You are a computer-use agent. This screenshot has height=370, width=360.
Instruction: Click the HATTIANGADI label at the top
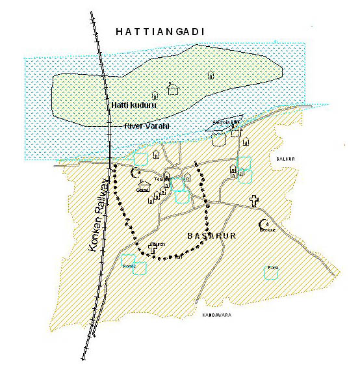point(159,31)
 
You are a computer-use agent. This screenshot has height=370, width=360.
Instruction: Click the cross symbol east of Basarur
point(254,200)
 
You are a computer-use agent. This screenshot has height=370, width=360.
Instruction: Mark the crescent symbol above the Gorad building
point(136,173)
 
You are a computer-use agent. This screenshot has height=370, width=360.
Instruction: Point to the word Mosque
point(267,230)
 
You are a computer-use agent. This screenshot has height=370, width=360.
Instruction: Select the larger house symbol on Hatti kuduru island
point(172,87)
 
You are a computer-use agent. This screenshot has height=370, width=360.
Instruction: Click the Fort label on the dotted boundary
point(177,258)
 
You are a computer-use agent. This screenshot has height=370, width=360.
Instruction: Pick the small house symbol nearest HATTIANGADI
point(210,75)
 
